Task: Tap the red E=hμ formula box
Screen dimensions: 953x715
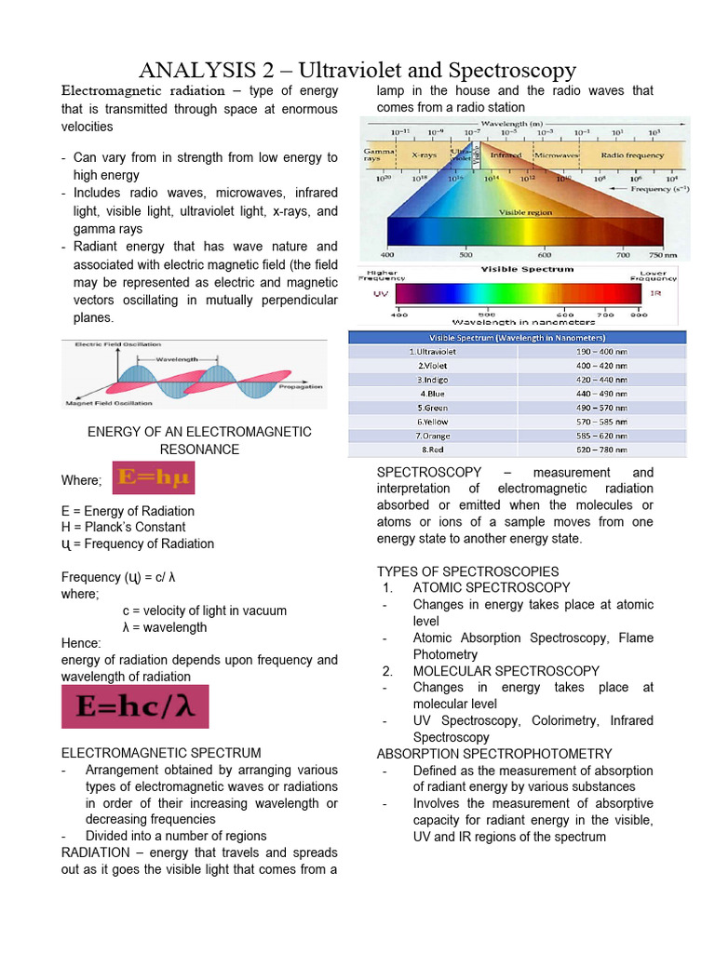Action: click(x=154, y=478)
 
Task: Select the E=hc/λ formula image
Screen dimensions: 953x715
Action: click(x=135, y=707)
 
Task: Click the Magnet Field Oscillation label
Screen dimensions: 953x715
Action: click(x=109, y=403)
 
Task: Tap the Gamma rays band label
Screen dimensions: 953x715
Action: click(x=379, y=154)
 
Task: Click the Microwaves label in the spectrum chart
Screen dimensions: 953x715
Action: click(x=558, y=154)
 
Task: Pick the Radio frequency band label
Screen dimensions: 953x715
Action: click(x=632, y=154)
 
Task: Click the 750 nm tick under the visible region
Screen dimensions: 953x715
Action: click(x=664, y=253)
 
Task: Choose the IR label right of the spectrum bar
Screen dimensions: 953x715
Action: click(x=655, y=293)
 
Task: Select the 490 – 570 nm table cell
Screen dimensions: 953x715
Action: click(x=600, y=408)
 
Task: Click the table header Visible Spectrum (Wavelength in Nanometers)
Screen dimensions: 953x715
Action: click(x=517, y=337)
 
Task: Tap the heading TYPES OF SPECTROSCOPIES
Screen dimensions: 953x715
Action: click(x=467, y=571)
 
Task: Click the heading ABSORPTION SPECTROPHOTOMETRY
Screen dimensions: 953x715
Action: click(x=494, y=754)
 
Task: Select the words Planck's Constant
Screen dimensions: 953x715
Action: click(x=144, y=528)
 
